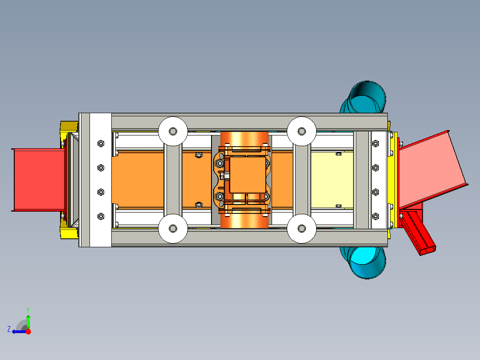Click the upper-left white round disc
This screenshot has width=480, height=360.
(x=172, y=131)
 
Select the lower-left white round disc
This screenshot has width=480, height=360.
(x=172, y=229)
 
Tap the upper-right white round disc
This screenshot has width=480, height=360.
(x=301, y=131)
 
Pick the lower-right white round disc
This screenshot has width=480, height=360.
(x=301, y=229)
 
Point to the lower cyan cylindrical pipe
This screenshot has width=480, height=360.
(x=367, y=263)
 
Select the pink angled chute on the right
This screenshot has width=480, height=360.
(x=430, y=167)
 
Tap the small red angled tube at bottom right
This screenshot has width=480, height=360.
(x=421, y=234)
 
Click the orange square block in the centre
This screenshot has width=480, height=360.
(x=248, y=175)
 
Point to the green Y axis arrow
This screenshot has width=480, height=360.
(x=28, y=320)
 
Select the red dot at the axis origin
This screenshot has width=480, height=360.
(x=28, y=331)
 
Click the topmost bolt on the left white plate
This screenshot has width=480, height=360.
(x=100, y=143)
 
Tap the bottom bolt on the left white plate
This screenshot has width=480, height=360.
(x=100, y=217)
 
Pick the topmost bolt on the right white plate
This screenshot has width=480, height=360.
(x=375, y=143)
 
